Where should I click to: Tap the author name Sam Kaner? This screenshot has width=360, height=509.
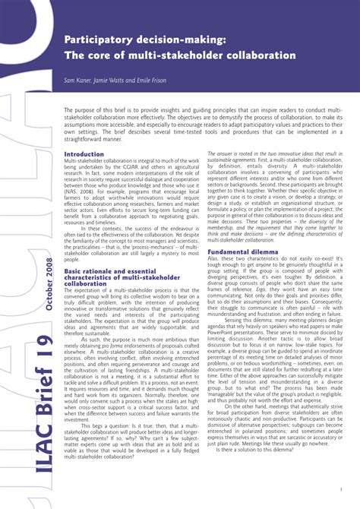78,80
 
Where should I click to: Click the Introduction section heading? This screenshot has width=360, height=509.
84,154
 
